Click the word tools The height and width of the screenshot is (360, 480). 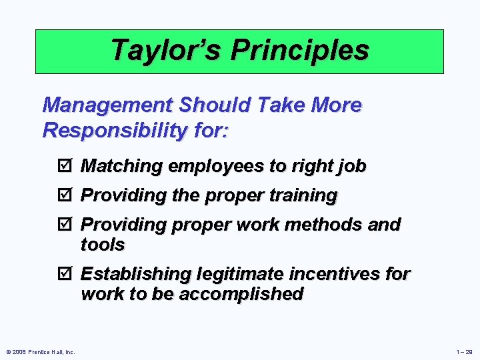point(103,245)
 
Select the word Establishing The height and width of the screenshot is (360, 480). point(135,275)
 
